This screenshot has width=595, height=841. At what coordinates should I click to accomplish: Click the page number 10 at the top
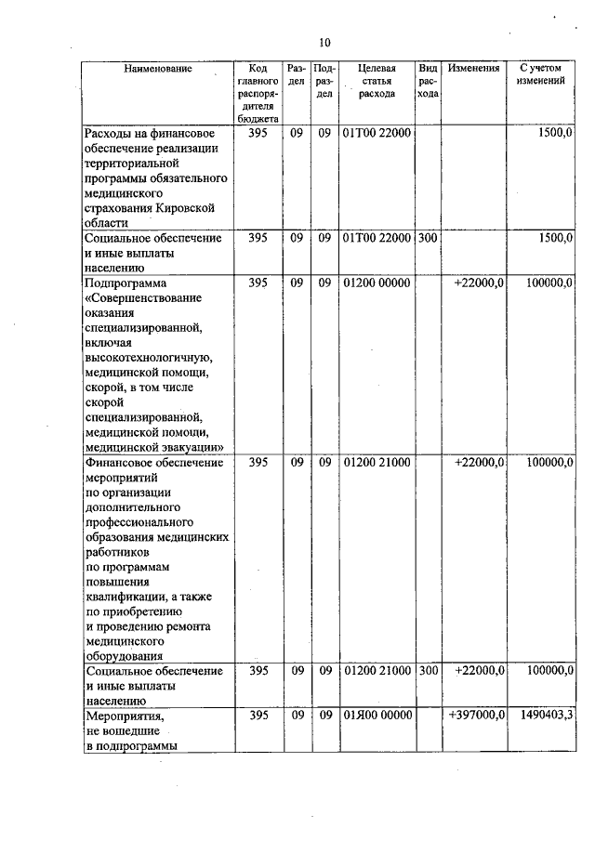(324, 43)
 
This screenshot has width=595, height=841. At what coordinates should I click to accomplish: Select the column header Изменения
(473, 69)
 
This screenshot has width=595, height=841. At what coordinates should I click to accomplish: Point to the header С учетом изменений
(541, 75)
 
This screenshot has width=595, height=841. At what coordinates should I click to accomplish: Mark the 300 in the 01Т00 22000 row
(428, 238)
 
